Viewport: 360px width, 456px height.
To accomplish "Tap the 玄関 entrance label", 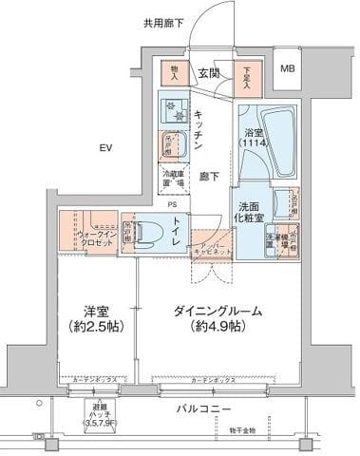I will pyautogui.click(x=209, y=73).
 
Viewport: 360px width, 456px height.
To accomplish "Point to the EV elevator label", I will pyautogui.click(x=105, y=147).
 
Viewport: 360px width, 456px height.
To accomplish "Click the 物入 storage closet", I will pyautogui.click(x=176, y=71).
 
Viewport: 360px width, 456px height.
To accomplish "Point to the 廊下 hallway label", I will pyautogui.click(x=209, y=176).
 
